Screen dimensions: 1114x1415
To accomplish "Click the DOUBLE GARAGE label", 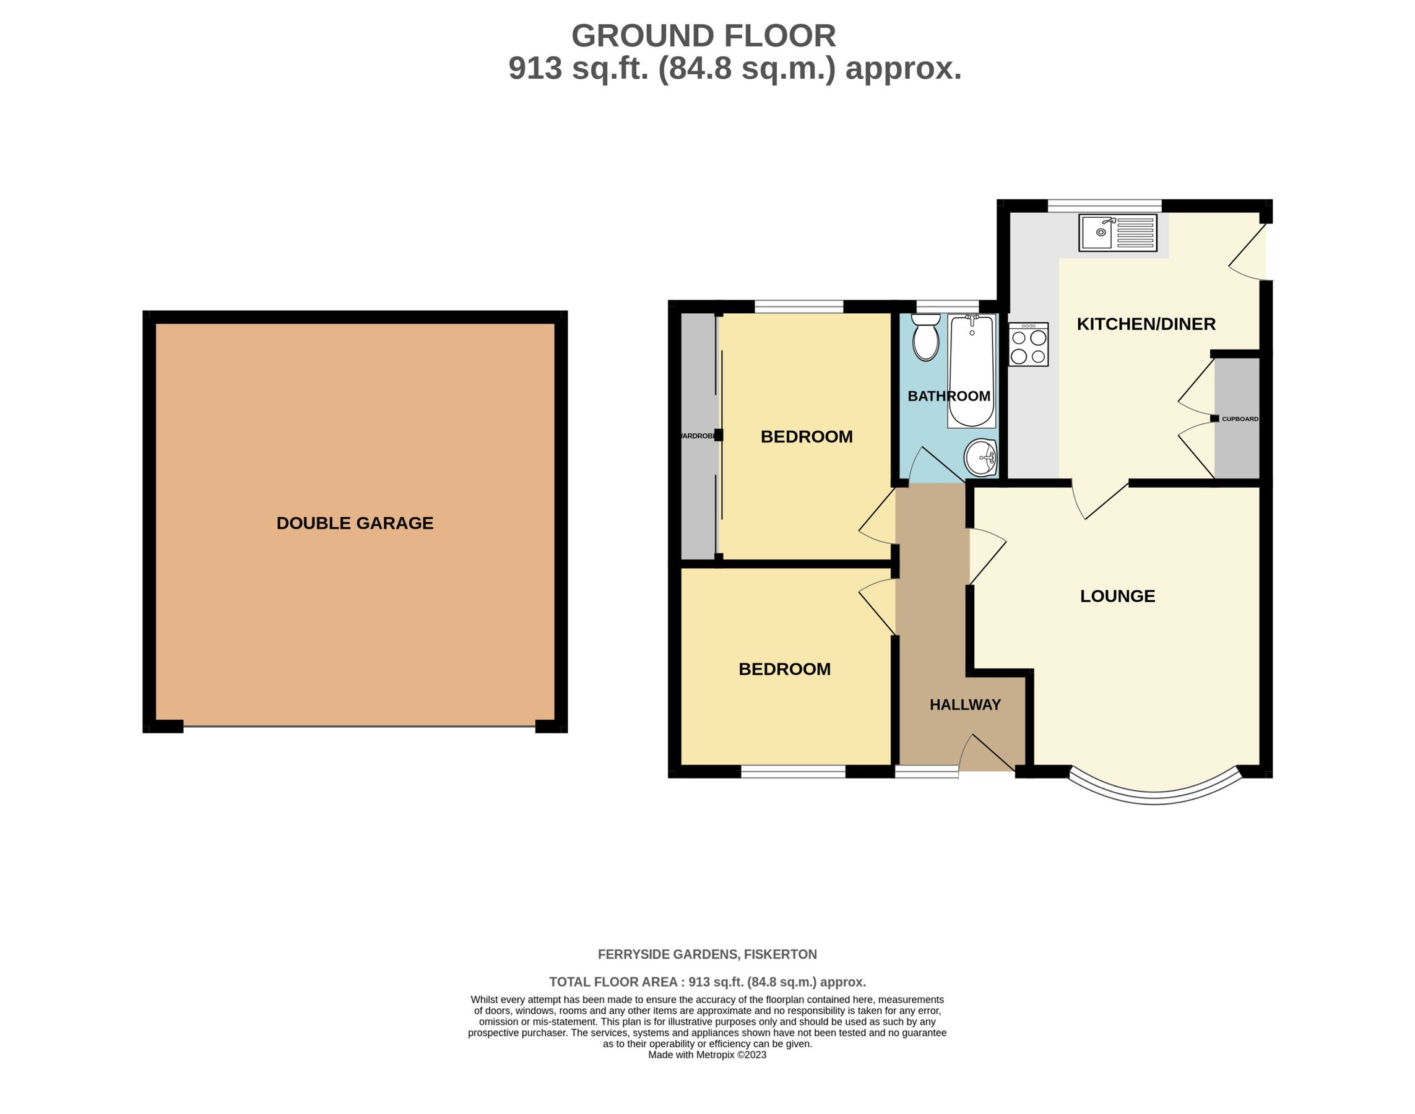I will [355, 523].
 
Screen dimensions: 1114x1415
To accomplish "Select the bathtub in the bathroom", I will [971, 370].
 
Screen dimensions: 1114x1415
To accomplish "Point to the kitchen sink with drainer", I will [1117, 232].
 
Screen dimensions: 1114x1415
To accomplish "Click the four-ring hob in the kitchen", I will [1028, 344].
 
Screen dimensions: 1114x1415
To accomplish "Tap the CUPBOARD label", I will [1239, 419].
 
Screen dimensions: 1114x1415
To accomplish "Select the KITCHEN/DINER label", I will [1146, 324].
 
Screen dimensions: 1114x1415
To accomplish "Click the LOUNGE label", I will [1117, 596].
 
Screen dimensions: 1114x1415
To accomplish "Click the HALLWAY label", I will [965, 704].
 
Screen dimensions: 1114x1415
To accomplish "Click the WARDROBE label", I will [698, 436].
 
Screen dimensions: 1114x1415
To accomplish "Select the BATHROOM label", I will [948, 396].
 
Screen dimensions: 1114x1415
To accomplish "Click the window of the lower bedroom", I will [794, 772].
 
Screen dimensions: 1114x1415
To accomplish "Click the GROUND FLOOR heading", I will [703, 36].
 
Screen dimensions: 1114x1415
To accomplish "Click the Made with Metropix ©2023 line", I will [707, 1055].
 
